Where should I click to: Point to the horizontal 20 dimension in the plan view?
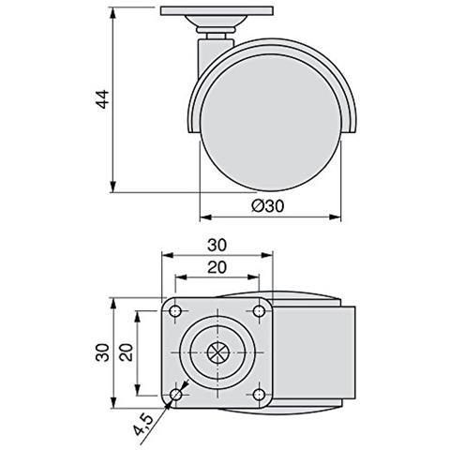point(217,267)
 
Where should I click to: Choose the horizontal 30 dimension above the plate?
point(217,244)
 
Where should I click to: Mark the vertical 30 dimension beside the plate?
point(101,354)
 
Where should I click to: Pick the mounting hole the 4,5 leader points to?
point(176,397)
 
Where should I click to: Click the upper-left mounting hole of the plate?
point(176,311)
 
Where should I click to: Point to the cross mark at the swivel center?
point(217,354)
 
